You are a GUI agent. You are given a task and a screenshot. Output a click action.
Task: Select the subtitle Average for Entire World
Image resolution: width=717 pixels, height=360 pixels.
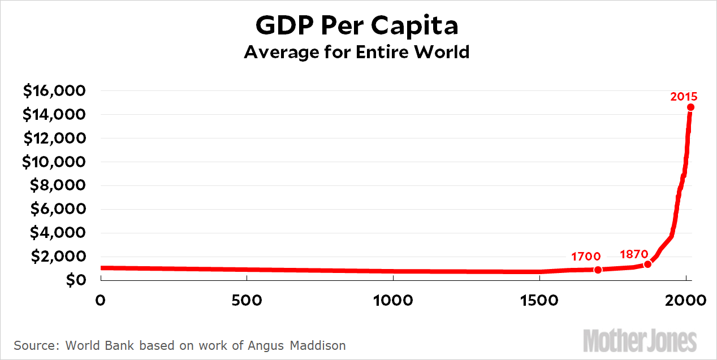[356, 53]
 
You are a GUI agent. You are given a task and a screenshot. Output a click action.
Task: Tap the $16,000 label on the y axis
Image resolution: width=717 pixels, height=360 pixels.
[54, 91]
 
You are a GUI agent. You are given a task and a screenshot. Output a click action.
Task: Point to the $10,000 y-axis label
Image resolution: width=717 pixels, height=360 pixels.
[54, 162]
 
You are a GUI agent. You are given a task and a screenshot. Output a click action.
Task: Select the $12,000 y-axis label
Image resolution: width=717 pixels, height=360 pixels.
[54, 138]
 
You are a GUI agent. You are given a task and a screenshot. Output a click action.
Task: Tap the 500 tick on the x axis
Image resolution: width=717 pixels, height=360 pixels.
[247, 300]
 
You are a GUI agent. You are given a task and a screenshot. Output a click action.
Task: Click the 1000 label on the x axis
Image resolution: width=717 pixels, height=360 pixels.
[392, 300]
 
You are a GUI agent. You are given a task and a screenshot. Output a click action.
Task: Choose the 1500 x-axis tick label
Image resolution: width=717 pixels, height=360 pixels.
[539, 300]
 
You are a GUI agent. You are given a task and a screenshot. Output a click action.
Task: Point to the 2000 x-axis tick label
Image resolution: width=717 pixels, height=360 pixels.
[686, 300]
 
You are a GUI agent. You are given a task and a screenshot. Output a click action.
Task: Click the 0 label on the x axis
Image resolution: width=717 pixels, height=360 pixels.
[101, 300]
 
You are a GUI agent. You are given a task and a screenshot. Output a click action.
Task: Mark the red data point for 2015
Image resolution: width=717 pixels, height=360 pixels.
[690, 107]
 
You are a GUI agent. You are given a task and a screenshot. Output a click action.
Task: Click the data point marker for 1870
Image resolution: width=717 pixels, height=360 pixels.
[647, 264]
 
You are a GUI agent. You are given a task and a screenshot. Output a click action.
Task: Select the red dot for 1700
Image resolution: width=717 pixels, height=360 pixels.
[598, 270]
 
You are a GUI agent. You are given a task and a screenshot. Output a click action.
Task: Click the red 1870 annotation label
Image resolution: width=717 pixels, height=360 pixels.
[634, 254]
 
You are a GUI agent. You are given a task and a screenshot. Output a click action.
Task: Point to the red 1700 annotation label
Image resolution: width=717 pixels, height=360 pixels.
[585, 257]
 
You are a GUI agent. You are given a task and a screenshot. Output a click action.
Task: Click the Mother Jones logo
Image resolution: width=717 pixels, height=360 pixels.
[640, 341]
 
